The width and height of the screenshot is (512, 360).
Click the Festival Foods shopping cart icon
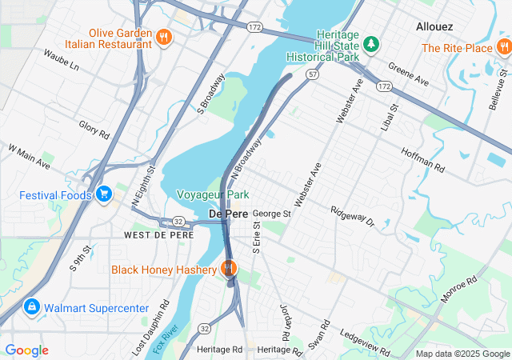pos(103,194)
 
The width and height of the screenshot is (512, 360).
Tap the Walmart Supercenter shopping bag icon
pos(31,307)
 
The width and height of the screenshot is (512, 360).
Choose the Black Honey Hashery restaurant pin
pos(229,269)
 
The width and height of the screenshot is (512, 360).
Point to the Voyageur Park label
pos(213,194)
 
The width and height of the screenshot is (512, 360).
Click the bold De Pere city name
pos(228,214)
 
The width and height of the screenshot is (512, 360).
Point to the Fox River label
pos(166,339)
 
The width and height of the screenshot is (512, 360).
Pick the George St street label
pos(271,214)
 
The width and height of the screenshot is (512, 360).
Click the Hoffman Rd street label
pos(423,158)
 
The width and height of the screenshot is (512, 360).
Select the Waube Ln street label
pos(62,61)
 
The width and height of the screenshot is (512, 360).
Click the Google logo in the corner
pos(26,350)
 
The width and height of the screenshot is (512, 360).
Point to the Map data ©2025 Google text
pos(462,354)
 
